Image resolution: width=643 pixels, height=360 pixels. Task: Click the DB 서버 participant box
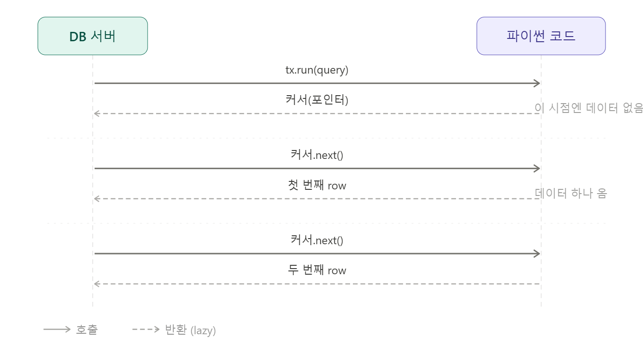(x=93, y=36)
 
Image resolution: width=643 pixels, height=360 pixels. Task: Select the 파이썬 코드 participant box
(x=541, y=36)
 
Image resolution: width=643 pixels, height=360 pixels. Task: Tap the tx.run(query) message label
(x=317, y=70)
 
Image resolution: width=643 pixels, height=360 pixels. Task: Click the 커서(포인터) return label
(x=317, y=100)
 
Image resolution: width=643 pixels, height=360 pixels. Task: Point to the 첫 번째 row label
(x=317, y=185)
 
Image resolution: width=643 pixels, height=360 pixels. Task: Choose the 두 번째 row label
(x=317, y=270)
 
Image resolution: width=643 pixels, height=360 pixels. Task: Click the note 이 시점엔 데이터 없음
(x=589, y=108)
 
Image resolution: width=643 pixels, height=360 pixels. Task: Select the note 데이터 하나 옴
(x=571, y=193)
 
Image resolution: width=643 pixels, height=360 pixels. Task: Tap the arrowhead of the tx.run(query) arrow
(x=537, y=83)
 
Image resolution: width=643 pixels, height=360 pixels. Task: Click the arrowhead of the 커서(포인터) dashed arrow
(x=97, y=114)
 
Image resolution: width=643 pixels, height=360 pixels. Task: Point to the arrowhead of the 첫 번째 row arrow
(x=97, y=199)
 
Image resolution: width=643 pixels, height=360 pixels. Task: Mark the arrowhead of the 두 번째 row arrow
(x=97, y=284)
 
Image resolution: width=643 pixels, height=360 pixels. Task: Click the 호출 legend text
(x=87, y=330)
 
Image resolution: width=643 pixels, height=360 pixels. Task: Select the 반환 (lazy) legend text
(x=190, y=330)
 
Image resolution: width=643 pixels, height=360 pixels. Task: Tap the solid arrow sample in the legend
(x=57, y=329)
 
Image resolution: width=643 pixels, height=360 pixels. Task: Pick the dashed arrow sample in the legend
(x=146, y=329)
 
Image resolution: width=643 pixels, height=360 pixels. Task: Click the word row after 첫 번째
(x=337, y=186)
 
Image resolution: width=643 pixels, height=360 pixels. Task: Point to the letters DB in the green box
(x=78, y=37)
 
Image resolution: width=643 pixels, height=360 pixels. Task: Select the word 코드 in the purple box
(x=562, y=36)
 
